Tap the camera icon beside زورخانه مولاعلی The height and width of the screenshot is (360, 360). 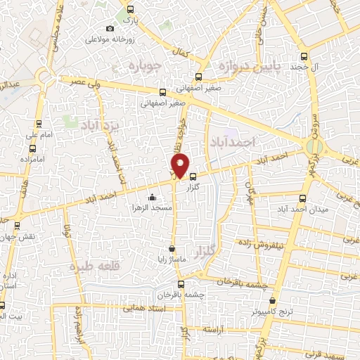(110, 28)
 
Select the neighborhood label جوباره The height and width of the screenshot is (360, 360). (147, 67)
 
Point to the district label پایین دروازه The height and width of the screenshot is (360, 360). (248, 67)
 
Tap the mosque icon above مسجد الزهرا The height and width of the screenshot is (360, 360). (152, 197)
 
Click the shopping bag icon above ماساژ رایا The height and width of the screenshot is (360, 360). (172, 248)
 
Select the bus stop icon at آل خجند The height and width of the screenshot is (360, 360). (303, 57)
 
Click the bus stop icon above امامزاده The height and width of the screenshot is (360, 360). (33, 148)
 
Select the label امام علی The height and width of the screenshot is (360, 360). (35, 134)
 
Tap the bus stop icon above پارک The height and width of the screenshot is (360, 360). (129, 10)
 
